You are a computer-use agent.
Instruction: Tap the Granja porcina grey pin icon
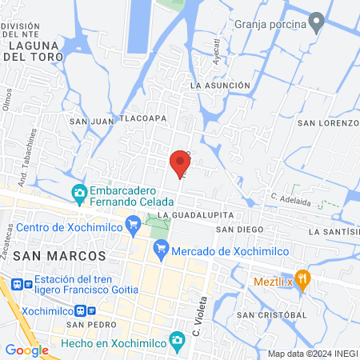point(317,22)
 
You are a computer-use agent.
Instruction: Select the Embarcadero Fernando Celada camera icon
point(79,193)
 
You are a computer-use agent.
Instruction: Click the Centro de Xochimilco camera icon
point(133,228)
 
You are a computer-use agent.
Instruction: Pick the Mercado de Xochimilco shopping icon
point(162,250)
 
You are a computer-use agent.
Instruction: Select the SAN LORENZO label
point(328,123)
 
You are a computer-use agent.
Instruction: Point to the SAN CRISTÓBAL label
point(271,314)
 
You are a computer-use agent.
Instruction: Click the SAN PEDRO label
point(86,325)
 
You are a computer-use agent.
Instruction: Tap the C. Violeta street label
point(199,314)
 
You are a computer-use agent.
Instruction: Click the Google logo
point(26,350)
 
